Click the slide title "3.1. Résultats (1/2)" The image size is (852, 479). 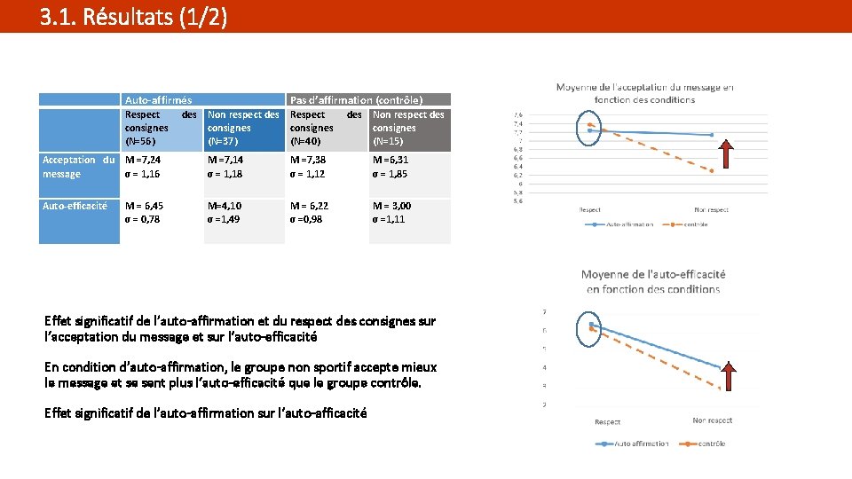click(x=133, y=17)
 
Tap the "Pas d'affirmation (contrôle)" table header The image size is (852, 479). click(x=356, y=100)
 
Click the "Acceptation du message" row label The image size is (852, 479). click(x=78, y=167)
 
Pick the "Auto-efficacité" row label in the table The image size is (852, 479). click(x=75, y=206)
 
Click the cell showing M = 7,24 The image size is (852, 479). click(x=162, y=167)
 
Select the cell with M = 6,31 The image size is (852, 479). click(x=409, y=167)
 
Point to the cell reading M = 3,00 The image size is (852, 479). click(x=409, y=212)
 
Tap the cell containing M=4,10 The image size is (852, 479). click(x=244, y=212)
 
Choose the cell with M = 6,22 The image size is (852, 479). click(x=327, y=212)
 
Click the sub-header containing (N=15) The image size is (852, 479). click(x=409, y=128)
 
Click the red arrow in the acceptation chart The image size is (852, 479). click(x=726, y=153)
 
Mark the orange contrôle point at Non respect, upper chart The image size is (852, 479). click(x=712, y=169)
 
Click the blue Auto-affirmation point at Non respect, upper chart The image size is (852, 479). click(x=712, y=135)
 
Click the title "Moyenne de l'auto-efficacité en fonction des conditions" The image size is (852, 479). click(x=653, y=282)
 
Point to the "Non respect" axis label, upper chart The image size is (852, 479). click(x=711, y=209)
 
